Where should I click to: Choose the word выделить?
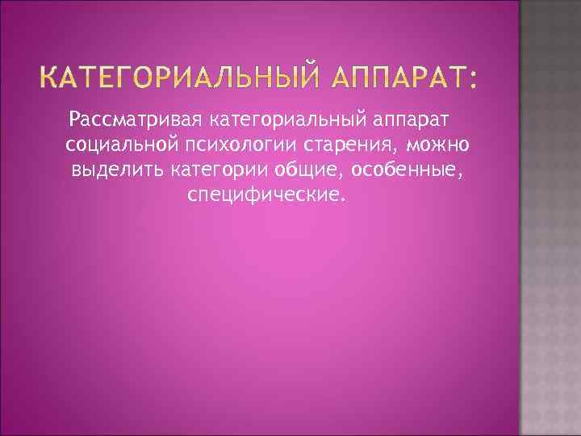click(119, 171)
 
